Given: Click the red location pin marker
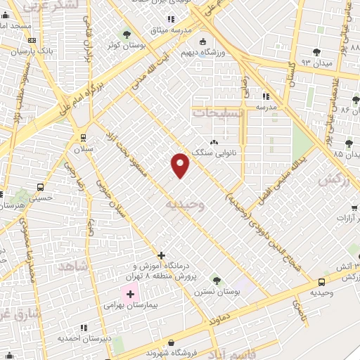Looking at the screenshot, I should (x=180, y=165).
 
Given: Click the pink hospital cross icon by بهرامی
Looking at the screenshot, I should (x=131, y=293).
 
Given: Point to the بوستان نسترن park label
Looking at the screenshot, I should (x=214, y=290).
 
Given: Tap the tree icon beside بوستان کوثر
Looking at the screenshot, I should (x=127, y=33).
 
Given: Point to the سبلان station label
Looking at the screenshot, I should (x=85, y=150).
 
